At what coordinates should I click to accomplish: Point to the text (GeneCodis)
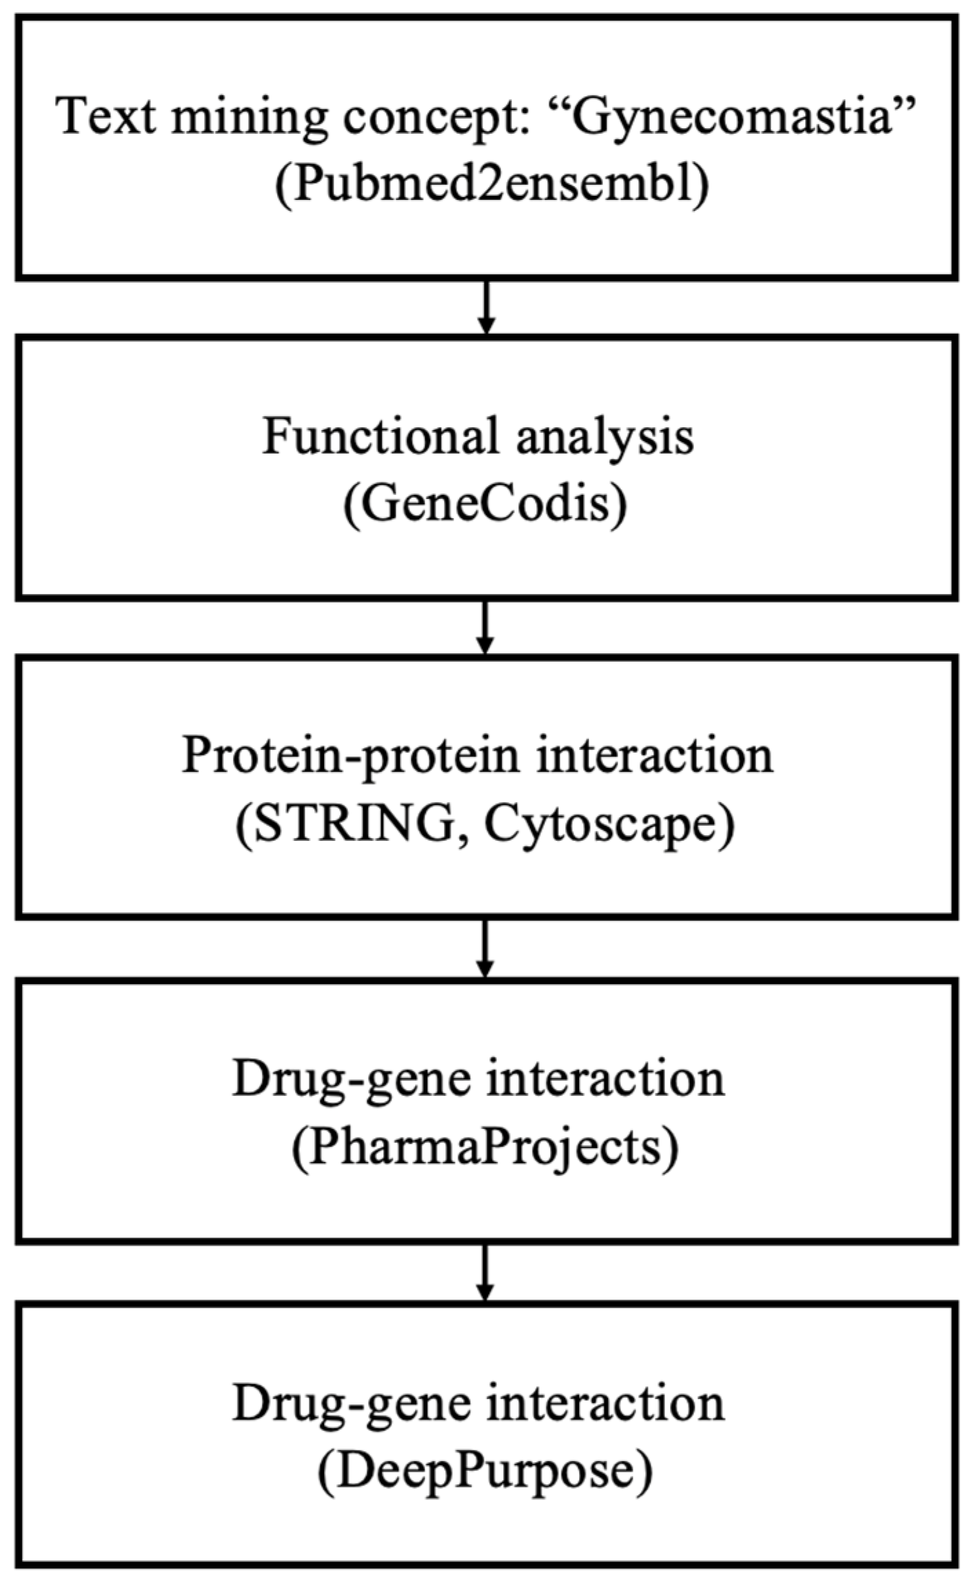[x=485, y=505]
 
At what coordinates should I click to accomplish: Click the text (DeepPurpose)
[x=485, y=1470]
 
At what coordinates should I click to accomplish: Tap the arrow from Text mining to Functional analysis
[x=486, y=307]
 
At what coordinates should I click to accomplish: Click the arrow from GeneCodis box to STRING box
[x=486, y=627]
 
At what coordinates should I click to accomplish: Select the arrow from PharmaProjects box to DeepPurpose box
[x=486, y=1271]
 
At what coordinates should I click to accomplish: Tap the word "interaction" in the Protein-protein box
[x=651, y=757]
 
